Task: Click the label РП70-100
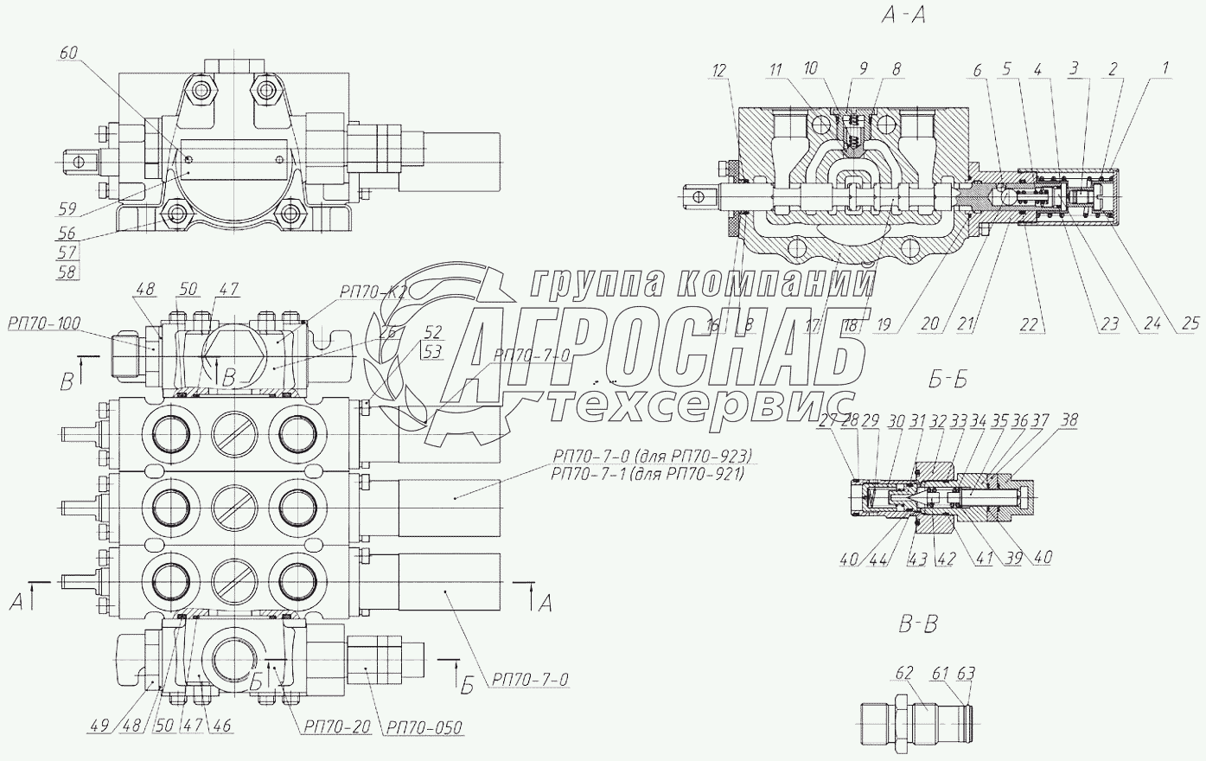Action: [44, 324]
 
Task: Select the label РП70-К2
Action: [373, 293]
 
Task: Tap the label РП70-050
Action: [424, 727]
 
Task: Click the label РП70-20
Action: [336, 727]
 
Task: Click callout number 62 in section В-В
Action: [904, 671]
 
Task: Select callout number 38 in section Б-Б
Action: [1069, 421]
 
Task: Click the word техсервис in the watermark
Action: [699, 404]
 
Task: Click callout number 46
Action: [222, 726]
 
